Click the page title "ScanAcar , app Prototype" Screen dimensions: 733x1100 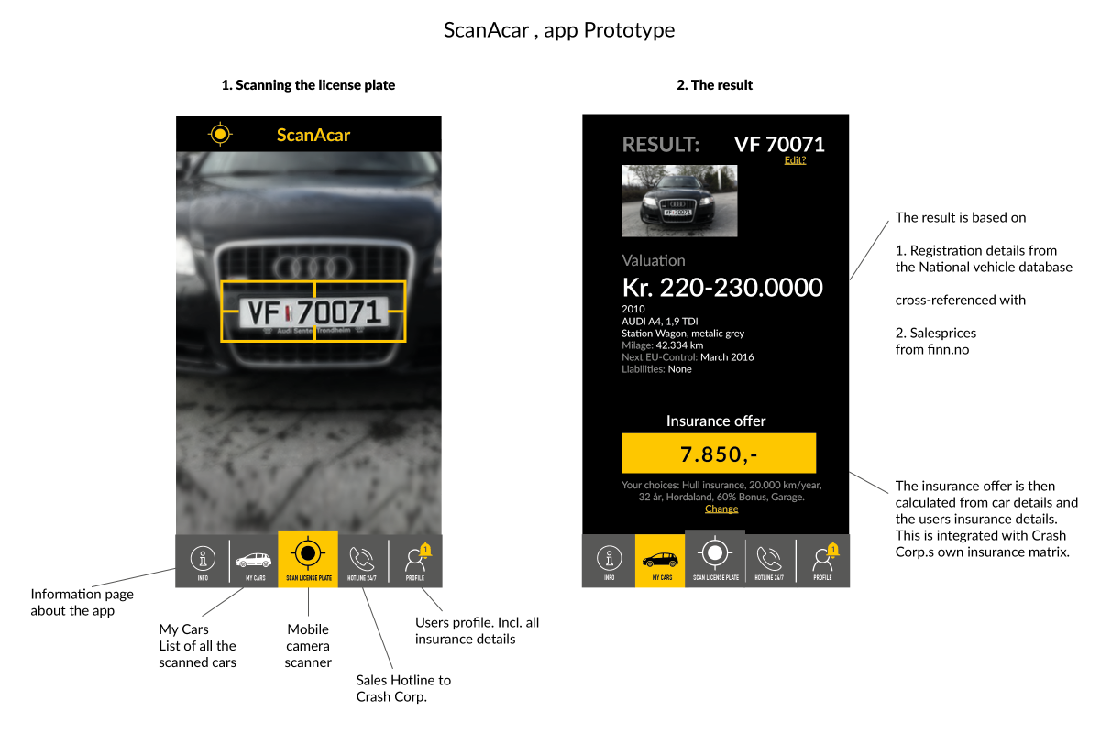coord(559,30)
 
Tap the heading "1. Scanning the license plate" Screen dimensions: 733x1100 coord(308,85)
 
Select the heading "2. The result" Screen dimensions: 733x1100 coord(714,85)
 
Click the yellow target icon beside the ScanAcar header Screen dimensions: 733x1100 coord(220,134)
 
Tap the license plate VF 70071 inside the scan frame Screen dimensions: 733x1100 coord(313,312)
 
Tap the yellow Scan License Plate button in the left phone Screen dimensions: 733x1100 coord(308,559)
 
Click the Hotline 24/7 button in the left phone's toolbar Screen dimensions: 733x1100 coord(363,560)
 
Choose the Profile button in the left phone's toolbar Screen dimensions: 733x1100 coord(415,560)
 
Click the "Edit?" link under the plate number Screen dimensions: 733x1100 coord(795,160)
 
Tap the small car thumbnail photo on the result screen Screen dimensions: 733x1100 coord(679,201)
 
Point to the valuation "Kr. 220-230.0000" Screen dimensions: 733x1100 coord(722,287)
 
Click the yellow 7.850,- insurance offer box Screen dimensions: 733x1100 coord(718,454)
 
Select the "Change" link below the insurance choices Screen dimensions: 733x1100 coord(721,509)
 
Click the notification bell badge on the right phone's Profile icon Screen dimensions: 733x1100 coord(832,550)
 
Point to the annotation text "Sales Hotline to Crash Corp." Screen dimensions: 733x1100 coord(403,688)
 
